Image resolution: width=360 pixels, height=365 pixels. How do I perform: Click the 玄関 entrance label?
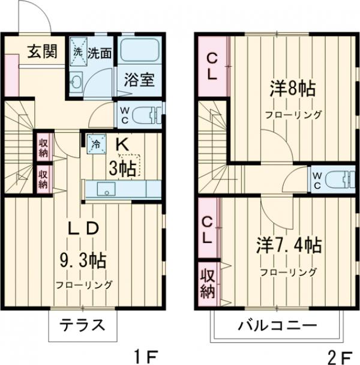coord(42,52)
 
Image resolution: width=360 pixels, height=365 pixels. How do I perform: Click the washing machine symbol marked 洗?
coord(77,51)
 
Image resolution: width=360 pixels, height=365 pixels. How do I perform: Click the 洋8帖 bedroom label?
coord(293,91)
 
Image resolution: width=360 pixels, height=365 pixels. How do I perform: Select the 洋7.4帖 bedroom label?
coord(289,245)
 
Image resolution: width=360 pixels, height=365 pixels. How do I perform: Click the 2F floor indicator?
coord(338,355)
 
